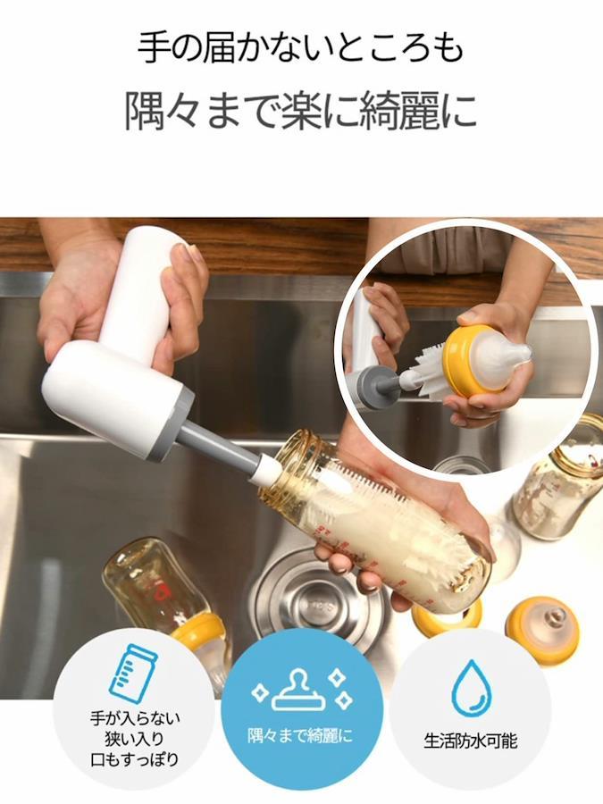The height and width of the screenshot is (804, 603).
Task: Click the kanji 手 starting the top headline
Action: click(155, 46)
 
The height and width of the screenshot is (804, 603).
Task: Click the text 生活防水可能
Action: click(470, 741)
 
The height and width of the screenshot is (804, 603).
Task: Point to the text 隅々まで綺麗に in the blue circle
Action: click(300, 737)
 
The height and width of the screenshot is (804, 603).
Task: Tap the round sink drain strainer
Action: click(319, 601)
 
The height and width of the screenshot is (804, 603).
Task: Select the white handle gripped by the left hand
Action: click(138, 287)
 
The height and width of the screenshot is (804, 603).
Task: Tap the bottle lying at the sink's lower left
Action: click(164, 600)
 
